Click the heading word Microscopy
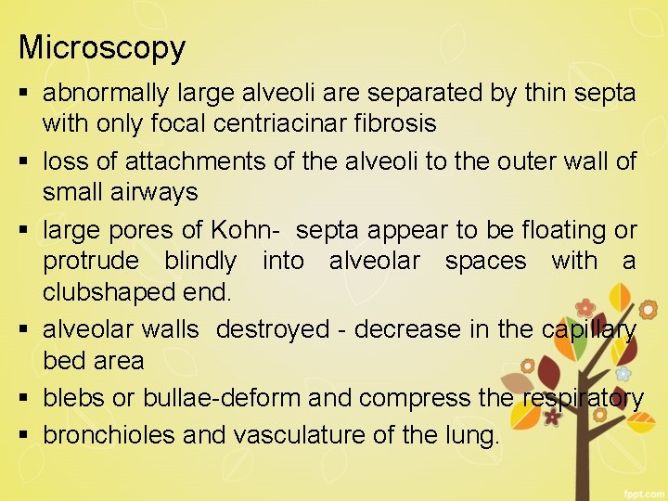pos(102,47)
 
